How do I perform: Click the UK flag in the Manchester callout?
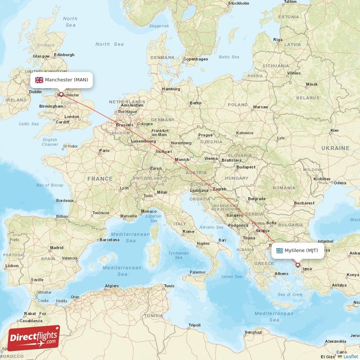click(39, 80)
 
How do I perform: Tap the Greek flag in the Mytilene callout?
click(279, 251)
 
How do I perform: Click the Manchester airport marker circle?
click(61, 94)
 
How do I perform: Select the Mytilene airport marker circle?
click(297, 265)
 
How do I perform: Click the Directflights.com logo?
click(34, 338)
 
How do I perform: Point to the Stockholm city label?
click(238, 3)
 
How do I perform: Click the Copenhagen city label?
click(195, 59)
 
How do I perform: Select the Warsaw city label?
click(260, 107)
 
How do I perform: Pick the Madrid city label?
click(57, 247)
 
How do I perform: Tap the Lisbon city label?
click(12, 266)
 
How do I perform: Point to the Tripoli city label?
click(194, 325)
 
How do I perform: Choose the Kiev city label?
click(334, 130)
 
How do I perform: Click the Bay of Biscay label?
click(49, 185)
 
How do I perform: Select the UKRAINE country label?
click(335, 148)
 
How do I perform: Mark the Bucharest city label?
click(304, 203)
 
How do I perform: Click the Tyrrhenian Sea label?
click(178, 255)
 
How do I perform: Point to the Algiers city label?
click(112, 286)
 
